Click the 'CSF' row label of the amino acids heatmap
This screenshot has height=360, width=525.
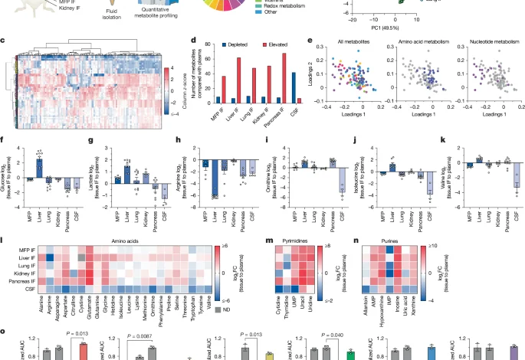[25, 291]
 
